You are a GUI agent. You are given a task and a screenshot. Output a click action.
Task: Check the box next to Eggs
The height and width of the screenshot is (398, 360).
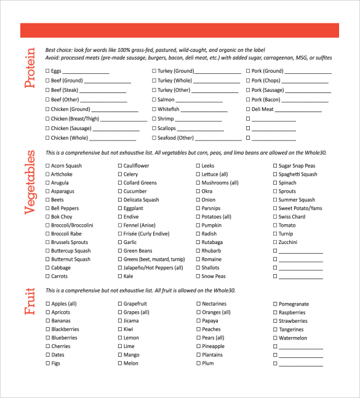pos(48,71)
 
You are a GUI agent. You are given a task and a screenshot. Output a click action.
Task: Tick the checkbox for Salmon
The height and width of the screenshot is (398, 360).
pos(154,100)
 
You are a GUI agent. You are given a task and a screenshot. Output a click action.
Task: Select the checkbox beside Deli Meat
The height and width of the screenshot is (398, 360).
pos(249,109)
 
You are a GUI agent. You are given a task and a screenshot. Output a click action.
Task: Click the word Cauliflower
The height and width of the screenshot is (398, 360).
pos(136,166)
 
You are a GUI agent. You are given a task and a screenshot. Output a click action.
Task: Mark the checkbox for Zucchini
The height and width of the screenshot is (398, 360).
pos(275,243)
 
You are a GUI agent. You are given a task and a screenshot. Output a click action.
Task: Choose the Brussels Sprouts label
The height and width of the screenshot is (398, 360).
pos(70,243)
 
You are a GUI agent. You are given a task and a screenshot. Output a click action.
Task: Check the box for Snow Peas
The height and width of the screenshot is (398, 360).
pos(198,277)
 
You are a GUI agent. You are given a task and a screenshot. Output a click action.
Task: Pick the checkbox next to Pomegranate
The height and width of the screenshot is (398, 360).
pos(275,304)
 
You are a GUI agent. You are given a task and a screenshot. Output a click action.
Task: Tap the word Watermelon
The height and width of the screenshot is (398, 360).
pos(292,338)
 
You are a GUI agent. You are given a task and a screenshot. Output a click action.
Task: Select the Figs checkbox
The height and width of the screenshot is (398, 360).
pos(48,363)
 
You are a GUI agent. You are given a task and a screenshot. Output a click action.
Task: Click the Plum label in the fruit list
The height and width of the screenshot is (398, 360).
pos(207,363)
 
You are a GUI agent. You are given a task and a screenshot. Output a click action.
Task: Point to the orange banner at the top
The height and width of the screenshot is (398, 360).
pos(180,30)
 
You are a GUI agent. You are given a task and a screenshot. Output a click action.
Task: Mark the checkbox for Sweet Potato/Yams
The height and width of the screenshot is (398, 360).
pos(275,208)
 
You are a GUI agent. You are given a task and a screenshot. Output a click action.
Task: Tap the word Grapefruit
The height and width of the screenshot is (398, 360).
pos(135,304)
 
